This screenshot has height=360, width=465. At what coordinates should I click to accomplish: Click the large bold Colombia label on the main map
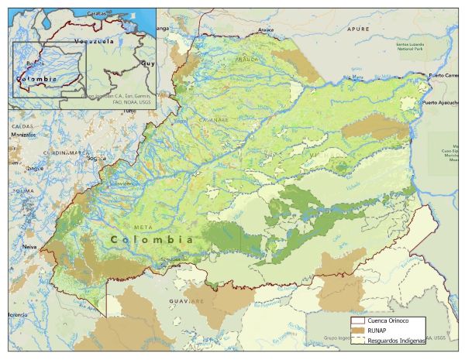coord(152,240)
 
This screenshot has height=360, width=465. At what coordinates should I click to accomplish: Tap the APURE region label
coord(359,28)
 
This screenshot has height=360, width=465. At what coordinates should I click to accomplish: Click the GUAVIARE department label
coord(188,300)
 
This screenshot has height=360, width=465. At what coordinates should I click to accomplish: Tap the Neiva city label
coord(30,246)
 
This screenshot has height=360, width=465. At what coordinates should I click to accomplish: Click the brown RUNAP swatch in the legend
coord(357,331)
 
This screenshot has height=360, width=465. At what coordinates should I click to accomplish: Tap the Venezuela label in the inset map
coord(93,39)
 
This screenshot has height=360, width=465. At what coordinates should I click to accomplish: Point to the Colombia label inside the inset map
coord(36,78)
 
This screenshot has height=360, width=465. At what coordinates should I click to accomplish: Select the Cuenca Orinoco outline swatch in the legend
coord(357,321)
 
